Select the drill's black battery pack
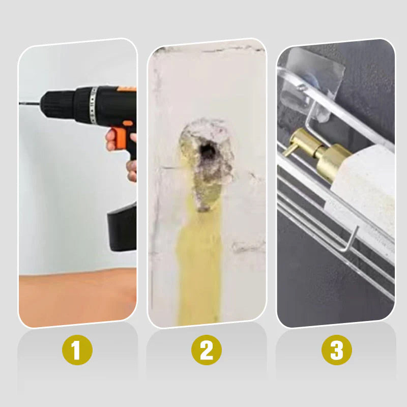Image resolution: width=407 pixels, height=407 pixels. (x=122, y=227)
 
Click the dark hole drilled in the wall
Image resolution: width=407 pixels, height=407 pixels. (x=207, y=150)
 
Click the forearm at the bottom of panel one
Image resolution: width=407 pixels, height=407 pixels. (x=76, y=298)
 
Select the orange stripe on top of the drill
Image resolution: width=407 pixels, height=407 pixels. (x=127, y=89)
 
